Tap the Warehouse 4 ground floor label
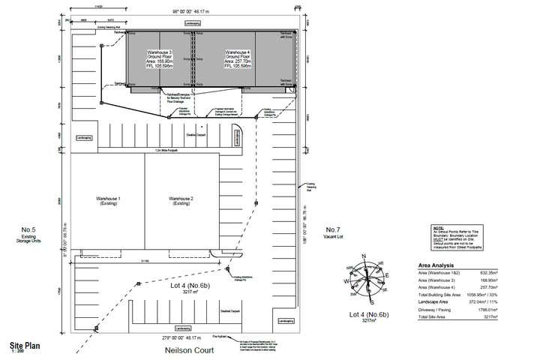coord(240,58)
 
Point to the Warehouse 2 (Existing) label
coord(181,199)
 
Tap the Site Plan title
coord(25,346)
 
